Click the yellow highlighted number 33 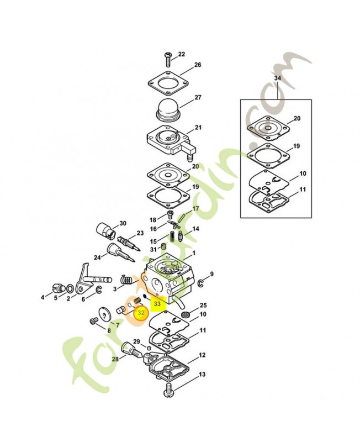[x=157, y=303]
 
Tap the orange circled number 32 [x=141, y=312]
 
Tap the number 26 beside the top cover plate [x=197, y=65]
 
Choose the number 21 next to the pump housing [x=198, y=128]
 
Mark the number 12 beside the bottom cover [x=202, y=355]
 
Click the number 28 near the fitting [x=115, y=359]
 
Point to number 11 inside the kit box [x=303, y=190]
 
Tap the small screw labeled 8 [x=93, y=320]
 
